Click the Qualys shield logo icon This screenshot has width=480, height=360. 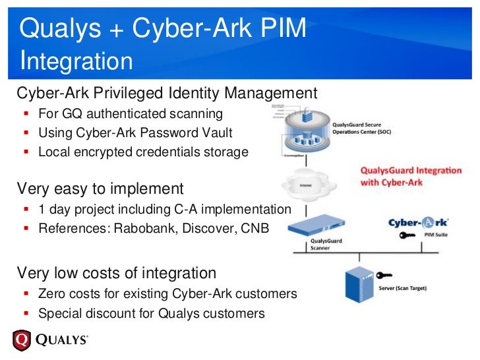point(22,340)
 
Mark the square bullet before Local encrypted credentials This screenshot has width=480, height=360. point(26,152)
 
